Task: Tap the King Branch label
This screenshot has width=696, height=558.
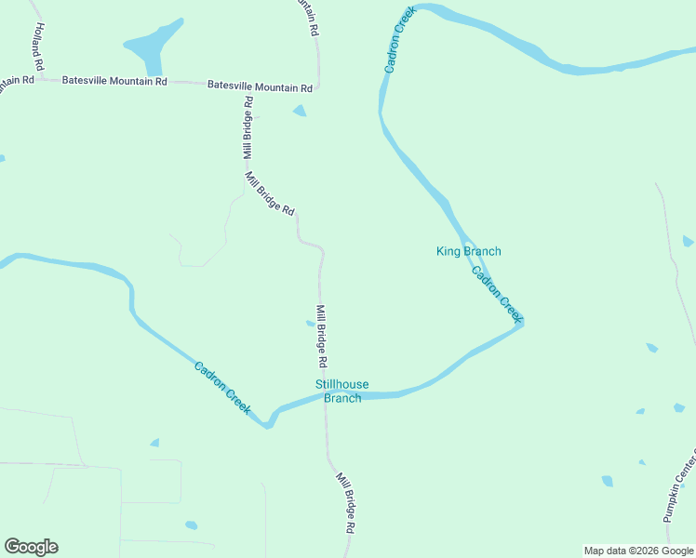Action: pos(469,251)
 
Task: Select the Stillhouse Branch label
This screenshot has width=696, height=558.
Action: pos(341,392)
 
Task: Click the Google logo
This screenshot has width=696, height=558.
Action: pos(31,547)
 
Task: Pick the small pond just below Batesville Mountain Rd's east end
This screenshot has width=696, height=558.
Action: pos(299,111)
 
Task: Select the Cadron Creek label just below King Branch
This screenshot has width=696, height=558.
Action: pos(497,294)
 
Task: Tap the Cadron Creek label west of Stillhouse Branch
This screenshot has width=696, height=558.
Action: pos(223,388)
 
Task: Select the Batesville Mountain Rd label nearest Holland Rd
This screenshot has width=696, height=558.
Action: pos(114,81)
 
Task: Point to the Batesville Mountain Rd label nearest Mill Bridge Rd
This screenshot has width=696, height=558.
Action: pos(260,86)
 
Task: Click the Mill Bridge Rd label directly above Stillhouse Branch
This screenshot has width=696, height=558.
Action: pos(321,336)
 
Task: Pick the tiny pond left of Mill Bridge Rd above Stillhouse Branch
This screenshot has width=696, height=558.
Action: pos(310,324)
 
